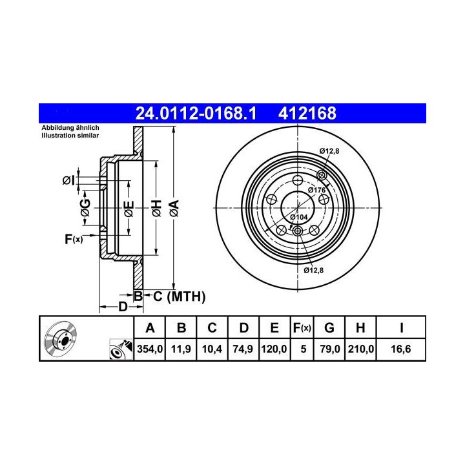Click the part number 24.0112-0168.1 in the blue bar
coord(196,113)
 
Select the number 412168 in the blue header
coord(307,113)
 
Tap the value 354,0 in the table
coord(150,349)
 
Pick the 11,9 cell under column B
coord(181,349)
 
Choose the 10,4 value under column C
coord(212,349)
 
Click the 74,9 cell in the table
coord(243,349)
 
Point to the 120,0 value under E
coord(274,349)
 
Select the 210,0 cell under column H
coord(361,349)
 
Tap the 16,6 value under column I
coord(401,349)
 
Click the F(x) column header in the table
coord(302,328)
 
